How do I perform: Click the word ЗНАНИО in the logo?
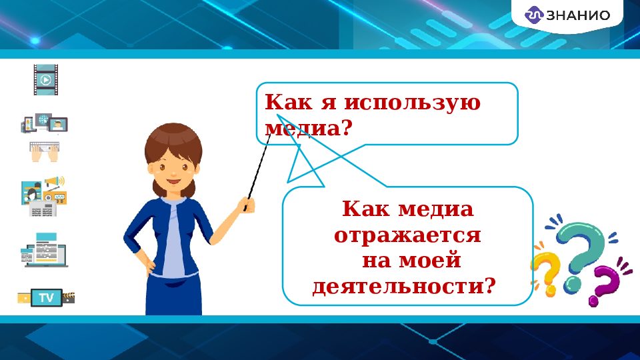coord(579,15)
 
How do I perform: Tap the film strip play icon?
coord(46,80)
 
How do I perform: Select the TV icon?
coord(46,297)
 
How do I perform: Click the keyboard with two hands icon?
coord(45,153)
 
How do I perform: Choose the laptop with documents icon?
coord(45,251)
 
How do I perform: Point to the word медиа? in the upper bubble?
coord(307,127)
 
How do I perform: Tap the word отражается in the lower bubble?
coord(407,236)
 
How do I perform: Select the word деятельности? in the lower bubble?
coord(405,287)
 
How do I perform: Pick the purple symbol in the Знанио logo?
coord(535,15)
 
